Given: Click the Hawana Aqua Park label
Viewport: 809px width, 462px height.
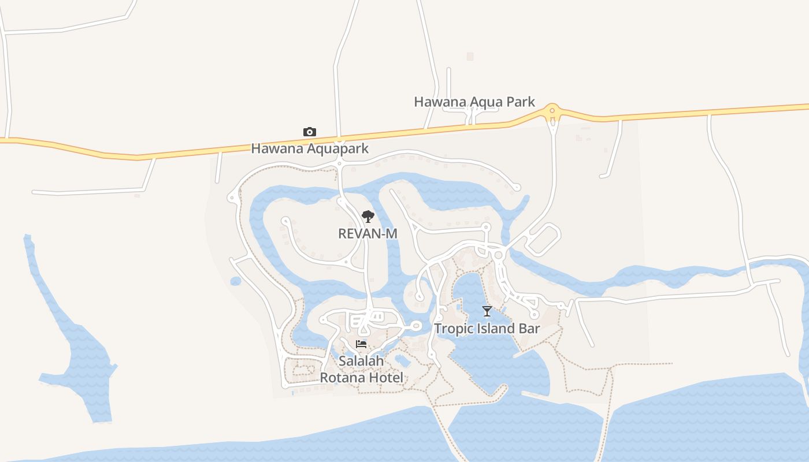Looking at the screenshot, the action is point(474,102).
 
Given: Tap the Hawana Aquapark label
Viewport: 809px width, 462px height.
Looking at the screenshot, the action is point(310,149).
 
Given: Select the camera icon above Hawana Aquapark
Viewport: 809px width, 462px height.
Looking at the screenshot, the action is point(310,132).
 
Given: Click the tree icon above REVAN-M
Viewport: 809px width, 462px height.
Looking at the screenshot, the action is point(368,217).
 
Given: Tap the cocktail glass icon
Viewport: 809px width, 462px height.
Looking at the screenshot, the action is point(487,312).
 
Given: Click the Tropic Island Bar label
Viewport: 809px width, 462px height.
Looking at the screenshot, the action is point(487,329).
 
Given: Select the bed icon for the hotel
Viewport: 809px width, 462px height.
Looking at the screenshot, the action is point(361,345).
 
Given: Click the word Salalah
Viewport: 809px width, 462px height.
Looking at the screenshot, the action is point(361,362).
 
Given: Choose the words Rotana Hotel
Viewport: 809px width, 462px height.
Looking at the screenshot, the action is point(361,378).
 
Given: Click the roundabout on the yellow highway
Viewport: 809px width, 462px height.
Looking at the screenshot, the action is point(553,109).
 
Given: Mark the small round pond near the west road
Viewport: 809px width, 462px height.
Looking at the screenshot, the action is point(235,281).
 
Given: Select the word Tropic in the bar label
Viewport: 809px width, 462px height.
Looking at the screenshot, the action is point(452,329).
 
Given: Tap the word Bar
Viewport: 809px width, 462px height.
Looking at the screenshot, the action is point(529,329).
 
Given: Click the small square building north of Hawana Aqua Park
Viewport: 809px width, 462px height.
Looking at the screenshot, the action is point(470,57).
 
